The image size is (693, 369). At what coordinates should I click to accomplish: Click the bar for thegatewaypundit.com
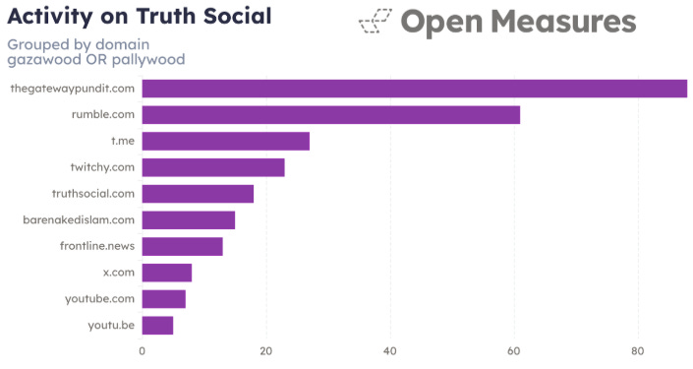tap(414, 89)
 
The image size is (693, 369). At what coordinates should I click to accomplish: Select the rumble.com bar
tap(330, 115)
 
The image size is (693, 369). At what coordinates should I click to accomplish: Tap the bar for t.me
tap(225, 141)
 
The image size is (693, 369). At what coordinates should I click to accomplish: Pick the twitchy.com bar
tap(213, 167)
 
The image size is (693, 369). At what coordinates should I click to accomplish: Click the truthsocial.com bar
tap(198, 194)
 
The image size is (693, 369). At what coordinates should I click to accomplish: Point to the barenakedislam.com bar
tap(188, 219)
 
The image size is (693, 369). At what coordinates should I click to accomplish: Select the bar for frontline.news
tap(182, 246)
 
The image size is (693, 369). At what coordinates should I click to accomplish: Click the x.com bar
tap(167, 273)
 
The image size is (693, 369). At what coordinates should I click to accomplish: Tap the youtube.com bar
tap(163, 298)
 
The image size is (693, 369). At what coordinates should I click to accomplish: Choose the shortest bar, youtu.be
tap(157, 325)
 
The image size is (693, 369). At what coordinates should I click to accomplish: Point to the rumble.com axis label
tap(103, 115)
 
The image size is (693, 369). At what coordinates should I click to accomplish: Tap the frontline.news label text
tap(97, 246)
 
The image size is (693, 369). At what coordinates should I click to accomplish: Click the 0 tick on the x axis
tap(143, 351)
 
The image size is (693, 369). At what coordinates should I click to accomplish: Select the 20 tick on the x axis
tap(266, 351)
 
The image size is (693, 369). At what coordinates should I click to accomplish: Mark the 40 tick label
tap(390, 351)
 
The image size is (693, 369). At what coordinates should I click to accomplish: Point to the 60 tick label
tap(514, 351)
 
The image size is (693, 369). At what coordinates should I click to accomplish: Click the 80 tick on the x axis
tap(638, 351)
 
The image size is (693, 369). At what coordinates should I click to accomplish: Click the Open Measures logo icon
tap(375, 22)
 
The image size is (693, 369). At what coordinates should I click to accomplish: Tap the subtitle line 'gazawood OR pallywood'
tap(96, 59)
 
